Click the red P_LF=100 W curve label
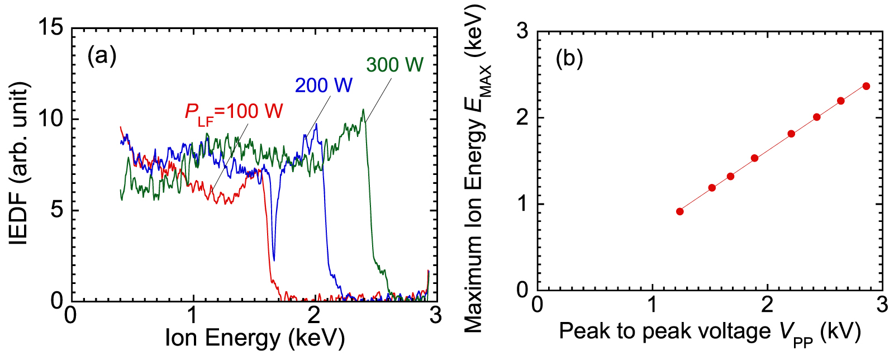point(234,112)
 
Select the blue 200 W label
point(324,86)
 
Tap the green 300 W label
point(394,65)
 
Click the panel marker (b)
point(569,58)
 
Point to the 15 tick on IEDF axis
point(51,27)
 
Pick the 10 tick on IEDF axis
point(51,119)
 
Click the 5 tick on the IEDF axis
point(57,210)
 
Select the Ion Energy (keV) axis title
point(255,338)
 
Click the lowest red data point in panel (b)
point(680,211)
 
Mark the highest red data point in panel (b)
point(866,86)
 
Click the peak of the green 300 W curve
point(363,110)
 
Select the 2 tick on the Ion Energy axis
point(314,315)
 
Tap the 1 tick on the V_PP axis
point(652,305)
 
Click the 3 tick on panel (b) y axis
point(522,32)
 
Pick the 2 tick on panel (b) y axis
point(522,118)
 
